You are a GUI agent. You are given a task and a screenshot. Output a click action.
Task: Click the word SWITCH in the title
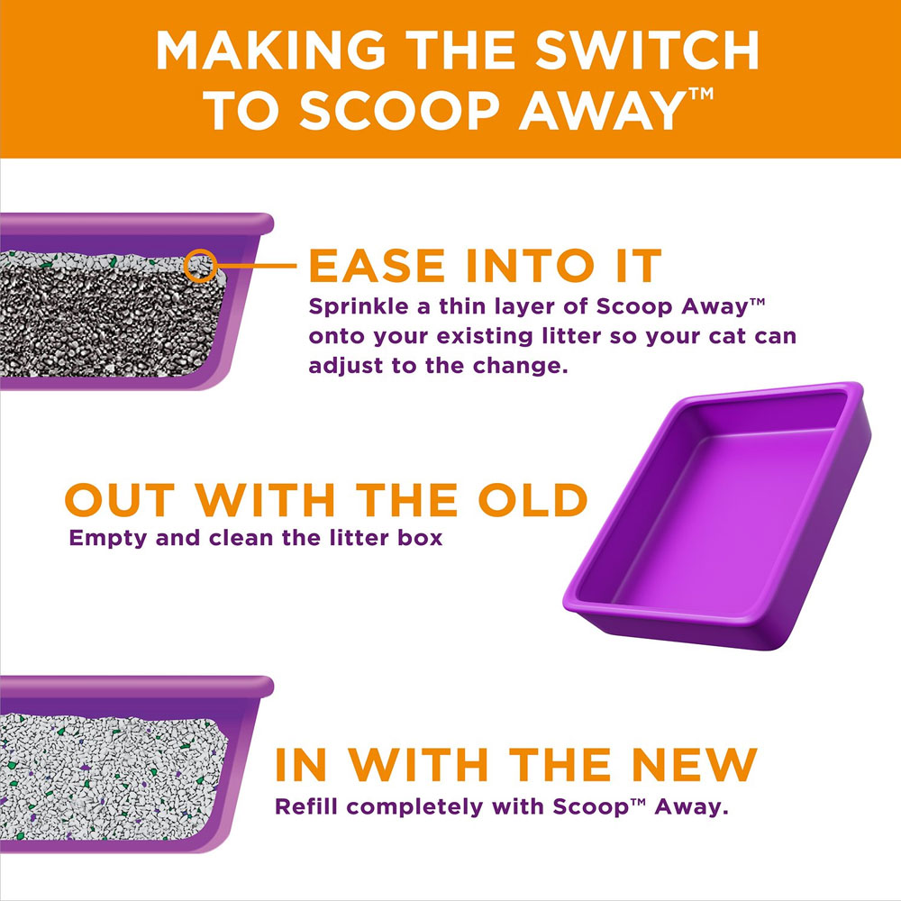pyautogui.click(x=652, y=53)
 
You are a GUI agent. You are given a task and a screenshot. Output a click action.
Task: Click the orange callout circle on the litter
pyautogui.click(x=200, y=266)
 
